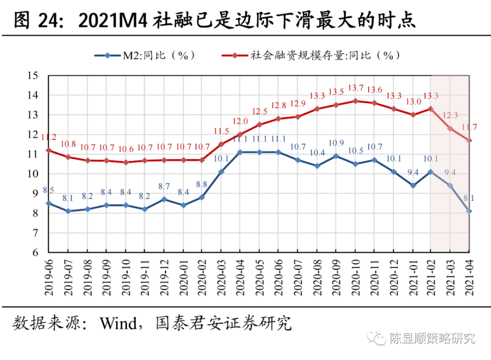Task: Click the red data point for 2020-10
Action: (x=355, y=101)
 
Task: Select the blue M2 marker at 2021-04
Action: (x=469, y=211)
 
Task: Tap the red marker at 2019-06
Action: (x=49, y=150)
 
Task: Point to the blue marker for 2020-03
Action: (x=221, y=172)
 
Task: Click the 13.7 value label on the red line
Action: (x=355, y=88)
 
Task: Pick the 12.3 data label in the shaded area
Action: (x=450, y=115)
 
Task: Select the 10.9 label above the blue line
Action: (x=336, y=143)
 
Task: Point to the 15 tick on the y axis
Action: (x=32, y=76)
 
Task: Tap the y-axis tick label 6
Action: (x=35, y=252)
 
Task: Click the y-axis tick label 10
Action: (x=32, y=174)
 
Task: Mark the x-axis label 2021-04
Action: (x=469, y=277)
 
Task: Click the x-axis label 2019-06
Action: (x=49, y=277)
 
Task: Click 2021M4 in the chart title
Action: (x=112, y=21)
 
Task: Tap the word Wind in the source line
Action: (x=118, y=323)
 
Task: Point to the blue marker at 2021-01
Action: (x=413, y=186)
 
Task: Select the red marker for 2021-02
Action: (x=431, y=109)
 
